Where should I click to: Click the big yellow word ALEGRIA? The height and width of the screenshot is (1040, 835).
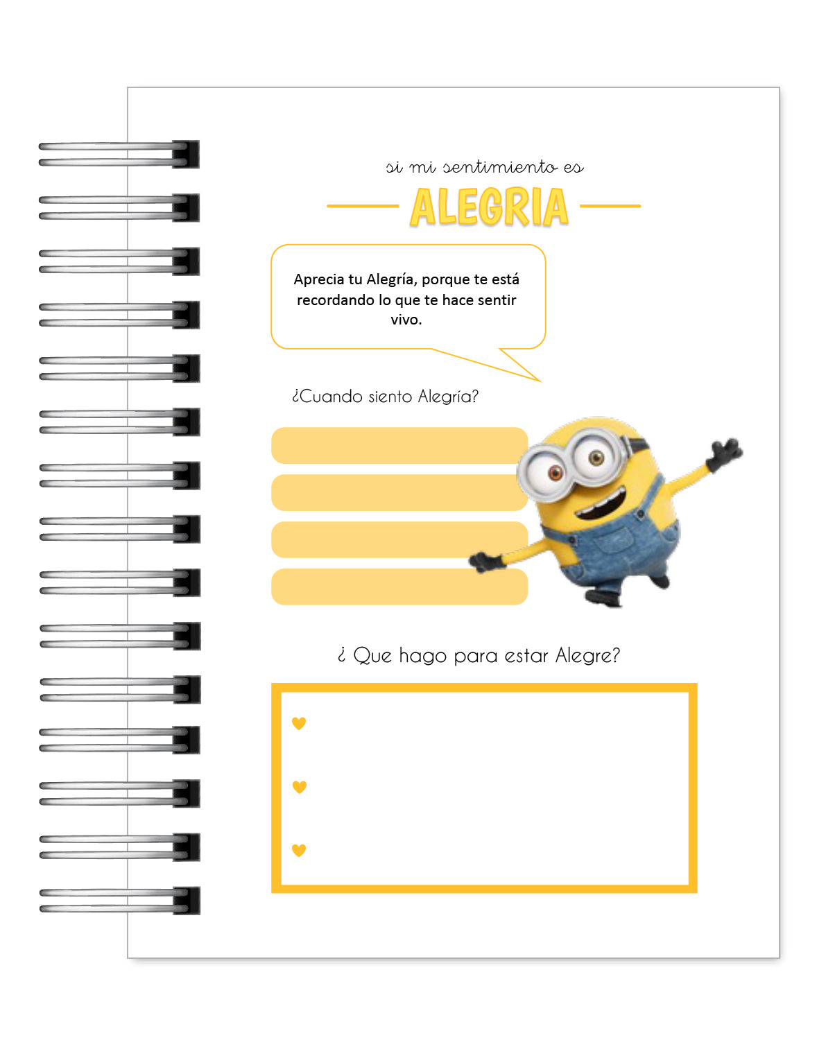point(489,207)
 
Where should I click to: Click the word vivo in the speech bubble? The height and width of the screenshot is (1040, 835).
point(406,320)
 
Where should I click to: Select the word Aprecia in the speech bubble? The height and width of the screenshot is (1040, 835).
point(318,279)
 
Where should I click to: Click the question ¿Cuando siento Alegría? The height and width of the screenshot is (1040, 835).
point(385,397)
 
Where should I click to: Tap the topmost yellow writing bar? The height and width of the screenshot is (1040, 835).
point(399,445)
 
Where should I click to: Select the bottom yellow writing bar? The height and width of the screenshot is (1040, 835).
point(399,587)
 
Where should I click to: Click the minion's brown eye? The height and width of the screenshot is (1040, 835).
point(556,473)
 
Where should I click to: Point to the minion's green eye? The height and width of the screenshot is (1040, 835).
point(596,457)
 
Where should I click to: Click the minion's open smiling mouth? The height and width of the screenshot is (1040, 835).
point(600,505)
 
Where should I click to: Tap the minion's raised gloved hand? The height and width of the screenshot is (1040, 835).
point(724,452)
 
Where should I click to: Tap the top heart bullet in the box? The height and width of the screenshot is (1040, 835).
point(299,723)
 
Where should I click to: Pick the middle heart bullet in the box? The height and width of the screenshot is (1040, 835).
point(299,787)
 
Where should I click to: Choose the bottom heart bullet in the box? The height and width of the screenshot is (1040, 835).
point(299,850)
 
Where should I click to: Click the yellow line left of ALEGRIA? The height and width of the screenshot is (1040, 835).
point(362,206)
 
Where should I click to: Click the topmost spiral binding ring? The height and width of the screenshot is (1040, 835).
point(118,154)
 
